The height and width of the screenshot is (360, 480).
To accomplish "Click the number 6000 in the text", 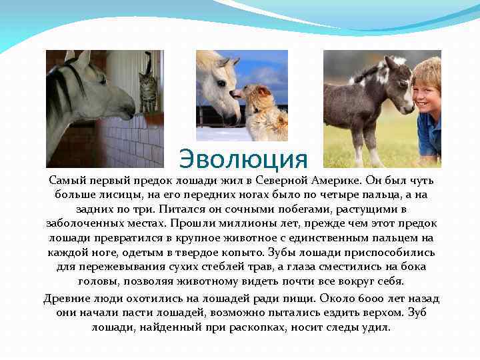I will tap(364, 298).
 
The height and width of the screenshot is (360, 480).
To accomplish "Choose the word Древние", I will tap(65, 298).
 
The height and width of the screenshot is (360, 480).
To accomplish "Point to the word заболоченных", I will tap(88, 224).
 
